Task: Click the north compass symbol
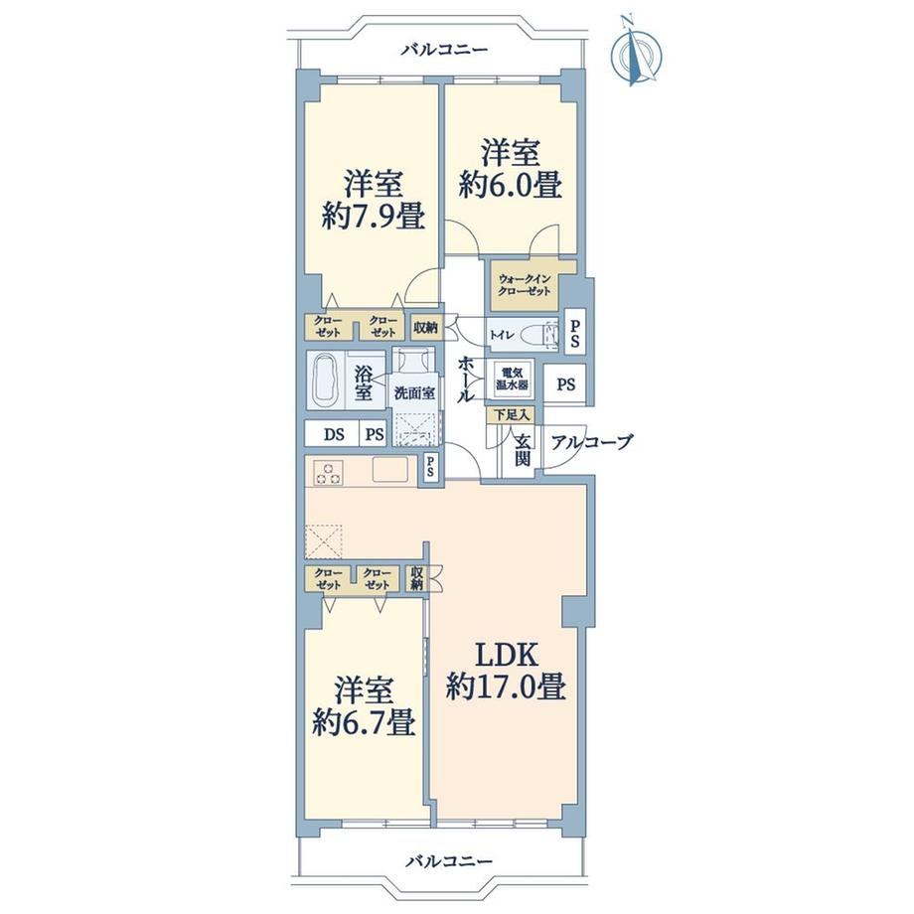(636, 53)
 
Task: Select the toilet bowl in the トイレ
(535, 337)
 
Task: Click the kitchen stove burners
(329, 472)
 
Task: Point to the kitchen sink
(391, 470)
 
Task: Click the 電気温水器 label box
(513, 379)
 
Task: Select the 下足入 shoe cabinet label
(512, 415)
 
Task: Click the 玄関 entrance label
(522, 451)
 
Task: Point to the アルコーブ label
(591, 442)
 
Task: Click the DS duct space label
(334, 434)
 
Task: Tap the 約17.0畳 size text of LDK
(506, 686)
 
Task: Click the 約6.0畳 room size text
(510, 185)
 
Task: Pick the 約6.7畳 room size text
(364, 721)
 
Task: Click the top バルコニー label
(444, 50)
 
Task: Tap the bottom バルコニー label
(449, 861)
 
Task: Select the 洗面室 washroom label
(414, 392)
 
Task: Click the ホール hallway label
(466, 380)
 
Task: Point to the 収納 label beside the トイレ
(426, 328)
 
